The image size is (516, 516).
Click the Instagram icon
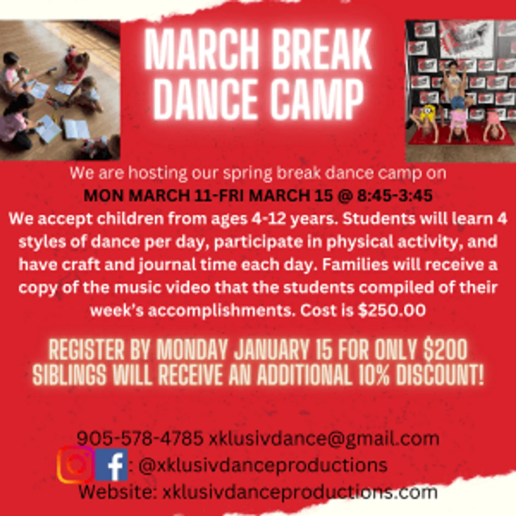coord(76,465)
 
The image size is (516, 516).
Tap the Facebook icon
coord(111,465)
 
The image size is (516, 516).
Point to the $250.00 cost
coord(392,311)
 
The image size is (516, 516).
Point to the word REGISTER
coord(86,350)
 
